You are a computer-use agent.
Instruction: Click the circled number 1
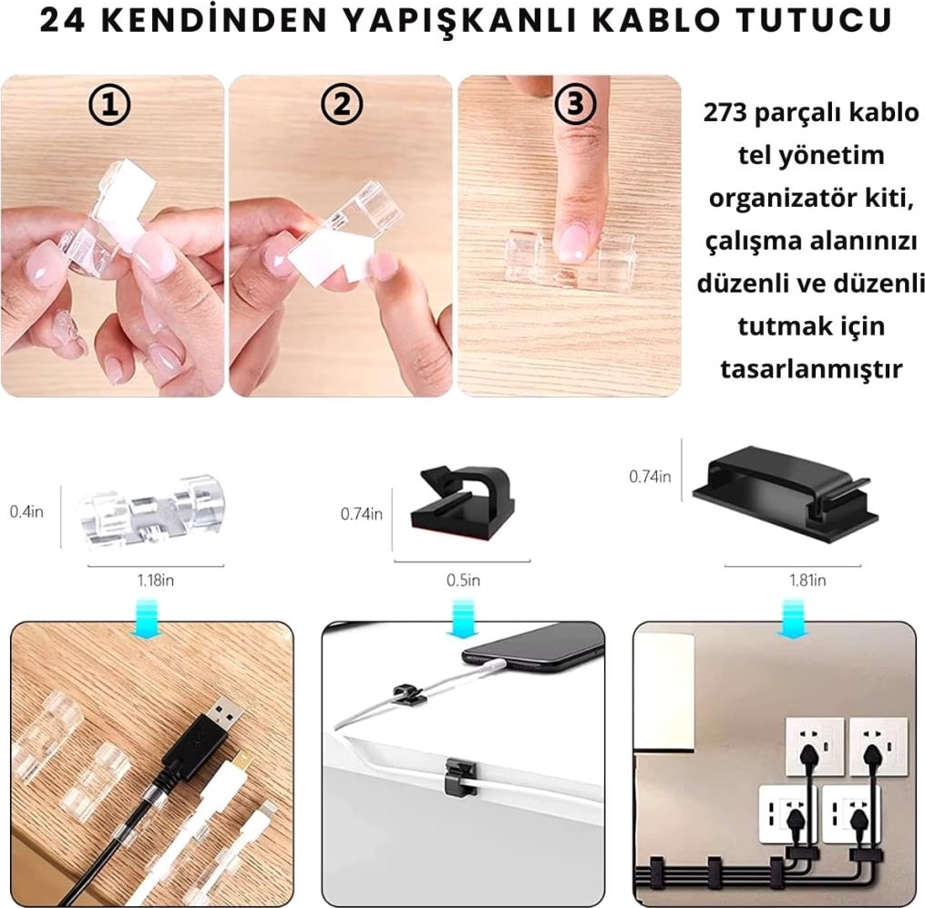point(109,105)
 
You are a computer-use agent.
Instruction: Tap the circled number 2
point(342,105)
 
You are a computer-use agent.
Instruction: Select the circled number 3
point(574,105)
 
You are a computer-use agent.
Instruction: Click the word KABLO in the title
point(656,20)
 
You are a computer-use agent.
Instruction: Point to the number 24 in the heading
point(63,20)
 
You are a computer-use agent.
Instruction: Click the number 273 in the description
point(725,112)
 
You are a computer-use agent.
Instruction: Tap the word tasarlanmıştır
point(811,368)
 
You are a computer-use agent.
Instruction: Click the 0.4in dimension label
point(26,511)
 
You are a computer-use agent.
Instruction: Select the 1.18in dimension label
point(156,580)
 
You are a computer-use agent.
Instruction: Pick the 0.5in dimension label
point(463,580)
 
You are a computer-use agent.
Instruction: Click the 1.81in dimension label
point(807,580)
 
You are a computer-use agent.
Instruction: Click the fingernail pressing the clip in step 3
point(570,243)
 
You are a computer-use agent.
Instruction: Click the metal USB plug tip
point(226,716)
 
